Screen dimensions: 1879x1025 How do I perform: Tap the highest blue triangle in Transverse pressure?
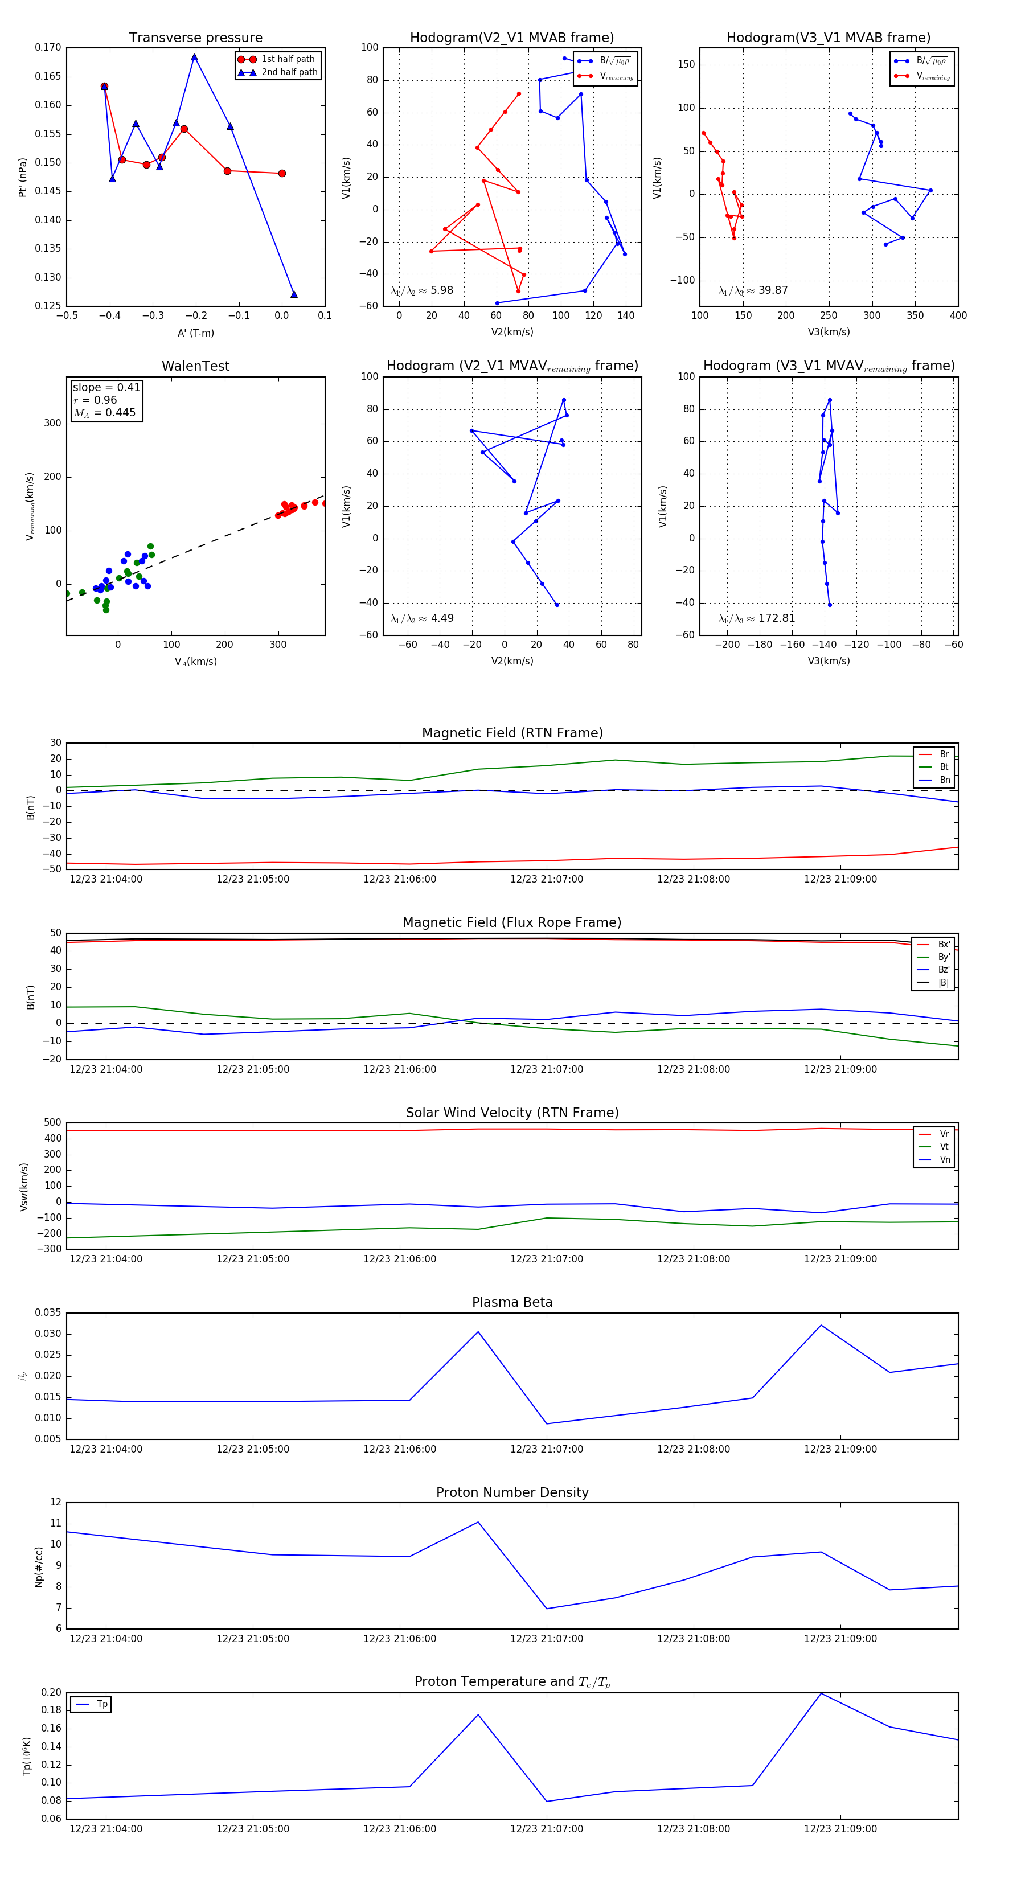195,57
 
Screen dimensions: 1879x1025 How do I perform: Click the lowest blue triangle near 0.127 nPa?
294,294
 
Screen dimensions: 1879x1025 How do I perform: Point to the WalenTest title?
195,366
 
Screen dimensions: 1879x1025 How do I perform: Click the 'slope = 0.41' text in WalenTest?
106,387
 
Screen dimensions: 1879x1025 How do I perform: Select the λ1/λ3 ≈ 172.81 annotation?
757,618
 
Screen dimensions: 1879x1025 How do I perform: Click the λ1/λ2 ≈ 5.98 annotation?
421,290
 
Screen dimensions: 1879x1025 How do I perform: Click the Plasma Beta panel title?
512,1302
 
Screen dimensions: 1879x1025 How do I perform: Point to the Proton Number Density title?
512,1492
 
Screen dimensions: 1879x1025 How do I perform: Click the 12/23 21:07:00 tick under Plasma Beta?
547,1449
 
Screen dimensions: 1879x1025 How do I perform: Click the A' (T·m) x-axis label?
195,333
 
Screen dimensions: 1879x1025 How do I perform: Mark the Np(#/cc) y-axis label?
39,1567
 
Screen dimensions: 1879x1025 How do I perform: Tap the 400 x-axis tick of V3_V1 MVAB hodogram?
958,315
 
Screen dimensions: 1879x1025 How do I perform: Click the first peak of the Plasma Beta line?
478,1332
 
